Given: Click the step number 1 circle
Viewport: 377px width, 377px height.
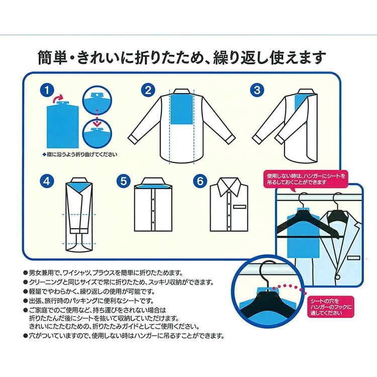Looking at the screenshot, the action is (47, 90).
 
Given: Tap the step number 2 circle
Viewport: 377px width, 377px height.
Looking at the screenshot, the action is (148, 90).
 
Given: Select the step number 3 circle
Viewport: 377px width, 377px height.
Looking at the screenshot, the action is (257, 90).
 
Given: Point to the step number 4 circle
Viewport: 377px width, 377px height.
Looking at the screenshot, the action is (47, 181).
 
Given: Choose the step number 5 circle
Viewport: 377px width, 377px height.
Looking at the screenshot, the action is (124, 181).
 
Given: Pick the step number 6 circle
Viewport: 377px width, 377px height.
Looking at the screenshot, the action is (200, 181).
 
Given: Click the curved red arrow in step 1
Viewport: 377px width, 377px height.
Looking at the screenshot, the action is (58, 98).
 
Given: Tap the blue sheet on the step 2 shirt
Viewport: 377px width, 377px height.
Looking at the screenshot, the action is (181, 110).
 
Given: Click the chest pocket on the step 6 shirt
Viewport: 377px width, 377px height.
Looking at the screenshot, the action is (239, 207).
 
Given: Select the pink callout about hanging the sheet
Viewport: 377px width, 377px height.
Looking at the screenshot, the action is (306, 179).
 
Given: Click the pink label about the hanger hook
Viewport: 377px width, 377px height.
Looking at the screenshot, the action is (331, 307).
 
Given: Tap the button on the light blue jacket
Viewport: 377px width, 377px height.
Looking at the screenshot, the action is (338, 277).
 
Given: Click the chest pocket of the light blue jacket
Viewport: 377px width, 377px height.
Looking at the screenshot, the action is (354, 258).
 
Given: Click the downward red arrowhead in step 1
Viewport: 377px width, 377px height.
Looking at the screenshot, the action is (97, 124).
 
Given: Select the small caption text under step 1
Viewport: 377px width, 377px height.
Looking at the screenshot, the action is (80, 154).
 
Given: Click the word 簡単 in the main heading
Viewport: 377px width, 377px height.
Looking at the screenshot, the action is (52, 57).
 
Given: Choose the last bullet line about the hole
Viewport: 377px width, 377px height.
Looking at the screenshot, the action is (124, 336).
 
